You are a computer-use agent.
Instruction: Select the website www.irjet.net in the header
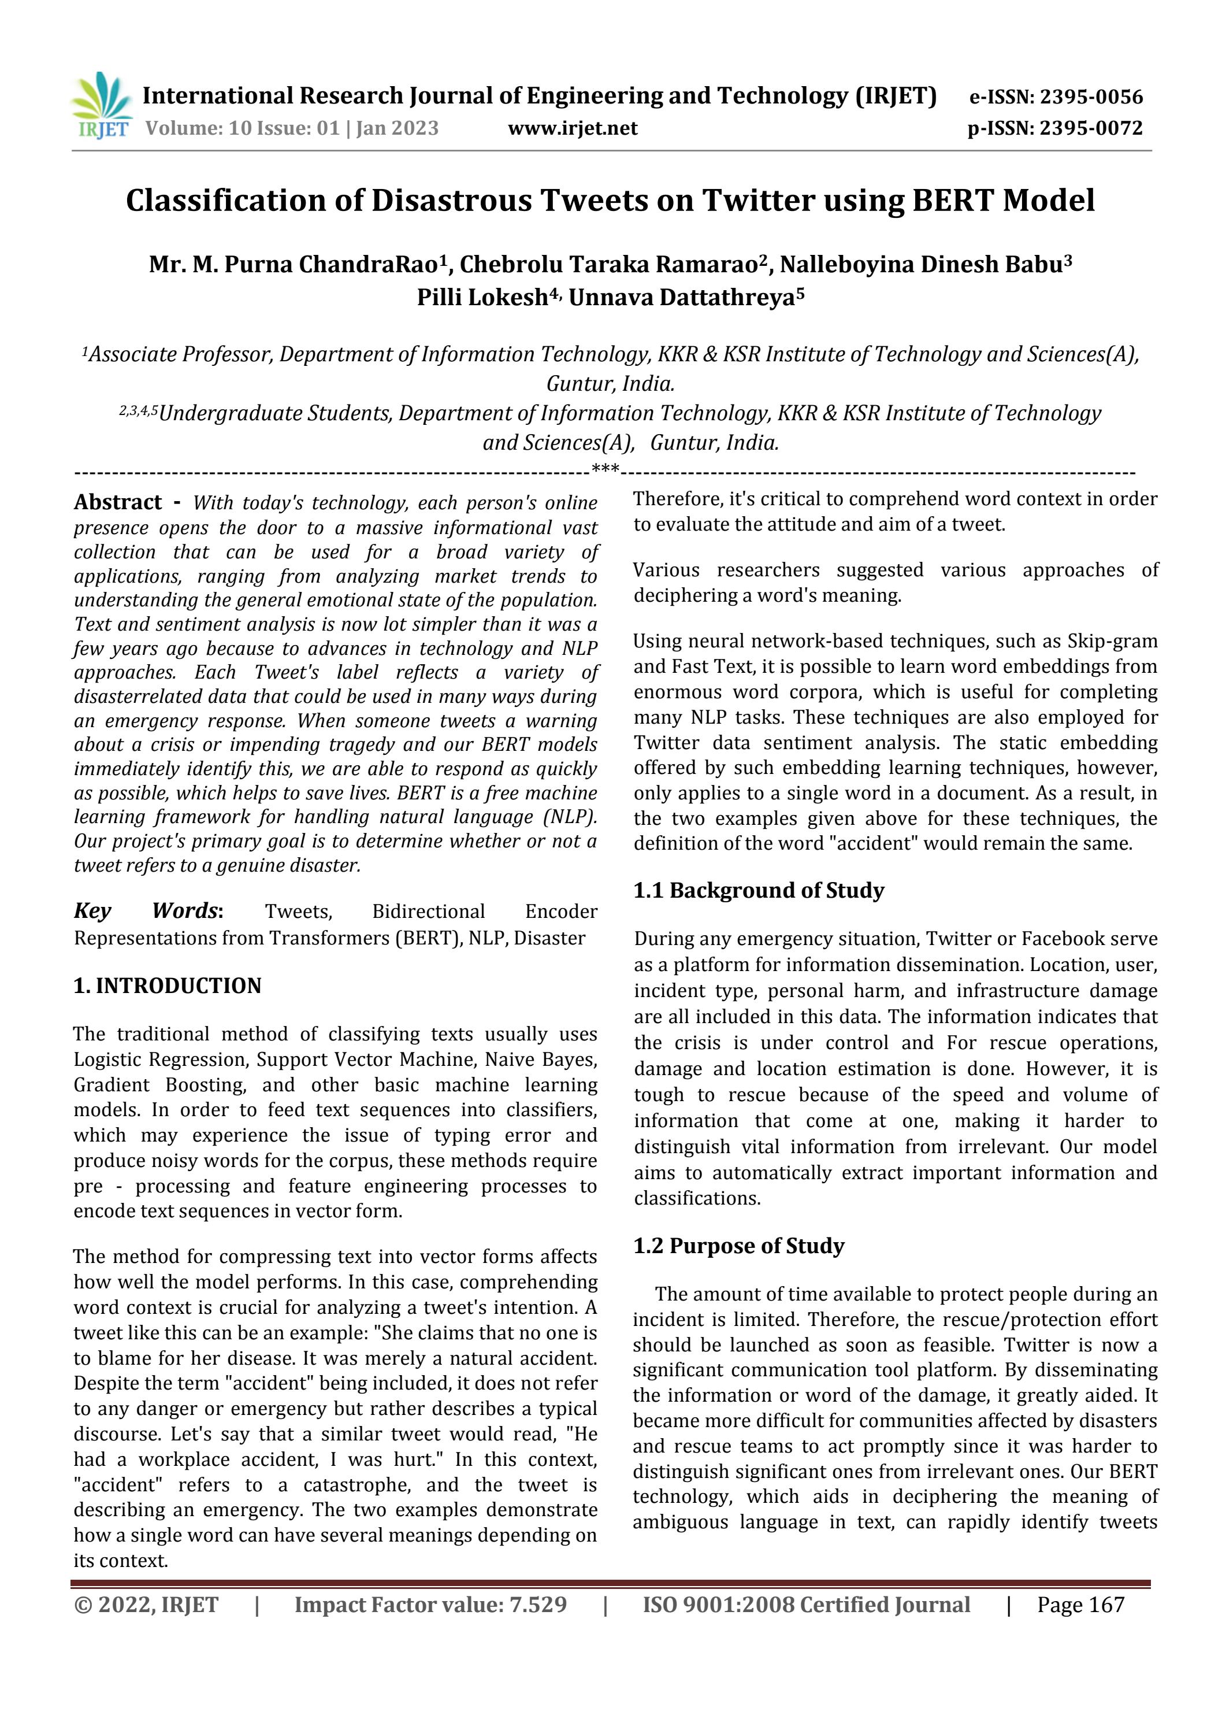pyautogui.click(x=573, y=129)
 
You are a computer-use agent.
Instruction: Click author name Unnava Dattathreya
pyautogui.click(x=682, y=298)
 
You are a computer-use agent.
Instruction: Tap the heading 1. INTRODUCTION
pyautogui.click(x=167, y=986)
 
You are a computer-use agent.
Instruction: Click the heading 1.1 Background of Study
pyautogui.click(x=758, y=891)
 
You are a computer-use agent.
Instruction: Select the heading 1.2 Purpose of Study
pyautogui.click(x=738, y=1246)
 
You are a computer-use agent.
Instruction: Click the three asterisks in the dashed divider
pyautogui.click(x=605, y=470)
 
